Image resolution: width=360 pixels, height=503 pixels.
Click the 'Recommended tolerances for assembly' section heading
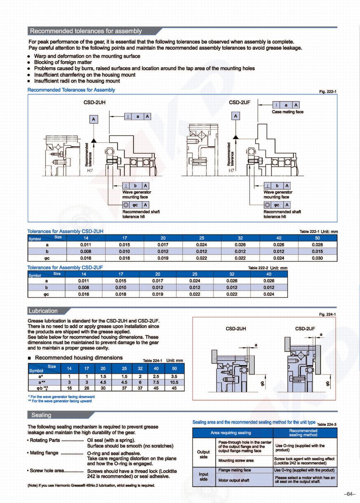[x=86, y=31]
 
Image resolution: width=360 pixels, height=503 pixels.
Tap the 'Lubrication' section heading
[x=43, y=311]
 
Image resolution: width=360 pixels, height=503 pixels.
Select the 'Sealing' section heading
[x=41, y=415]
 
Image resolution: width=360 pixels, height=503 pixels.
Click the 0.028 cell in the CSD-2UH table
[x=317, y=245]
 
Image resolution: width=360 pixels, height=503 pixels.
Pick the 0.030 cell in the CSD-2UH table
[x=317, y=258]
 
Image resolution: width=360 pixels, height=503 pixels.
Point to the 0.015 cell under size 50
[x=317, y=251]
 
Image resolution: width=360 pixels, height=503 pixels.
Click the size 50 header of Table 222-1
[x=317, y=238]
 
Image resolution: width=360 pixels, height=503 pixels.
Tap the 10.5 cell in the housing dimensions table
[x=174, y=382]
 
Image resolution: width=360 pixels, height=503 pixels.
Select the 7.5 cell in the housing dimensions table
[x=156, y=382]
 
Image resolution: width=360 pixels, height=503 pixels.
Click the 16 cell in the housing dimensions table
[x=69, y=388]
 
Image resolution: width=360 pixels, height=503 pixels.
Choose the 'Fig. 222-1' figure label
[x=327, y=92]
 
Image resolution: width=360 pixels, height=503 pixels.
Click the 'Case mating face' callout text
[x=287, y=112]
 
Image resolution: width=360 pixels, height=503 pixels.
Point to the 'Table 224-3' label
[x=326, y=425]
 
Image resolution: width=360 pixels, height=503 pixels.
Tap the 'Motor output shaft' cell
[x=234, y=480]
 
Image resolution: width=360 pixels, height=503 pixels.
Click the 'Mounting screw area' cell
[x=236, y=460]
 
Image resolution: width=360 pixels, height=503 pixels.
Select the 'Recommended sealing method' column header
[x=303, y=433]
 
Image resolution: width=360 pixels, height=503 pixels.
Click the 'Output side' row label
[x=203, y=454]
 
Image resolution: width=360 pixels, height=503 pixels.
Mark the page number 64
[x=349, y=494]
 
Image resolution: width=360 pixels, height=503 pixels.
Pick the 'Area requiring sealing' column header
[x=231, y=433]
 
